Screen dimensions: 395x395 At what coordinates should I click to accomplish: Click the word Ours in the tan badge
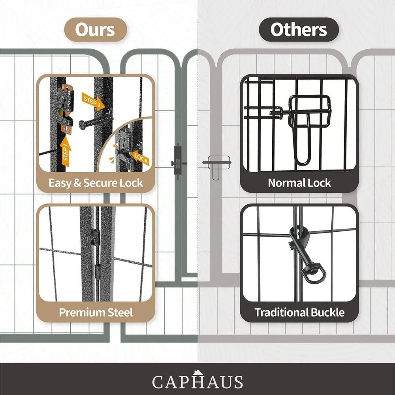pos(95,30)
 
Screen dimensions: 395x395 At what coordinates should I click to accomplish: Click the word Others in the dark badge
pos(299,30)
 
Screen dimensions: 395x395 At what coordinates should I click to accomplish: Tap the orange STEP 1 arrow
pos(66,152)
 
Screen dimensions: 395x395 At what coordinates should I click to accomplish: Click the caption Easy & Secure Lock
pos(96,183)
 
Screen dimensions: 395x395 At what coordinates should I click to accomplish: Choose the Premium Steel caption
pos(96,312)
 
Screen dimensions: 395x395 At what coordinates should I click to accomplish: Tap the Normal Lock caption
pos(299,183)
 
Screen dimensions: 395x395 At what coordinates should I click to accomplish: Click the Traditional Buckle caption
pos(299,312)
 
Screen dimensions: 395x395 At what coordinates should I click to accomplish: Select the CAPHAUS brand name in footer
pos(197,382)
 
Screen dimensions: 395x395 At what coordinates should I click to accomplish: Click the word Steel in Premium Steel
pos(120,312)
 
